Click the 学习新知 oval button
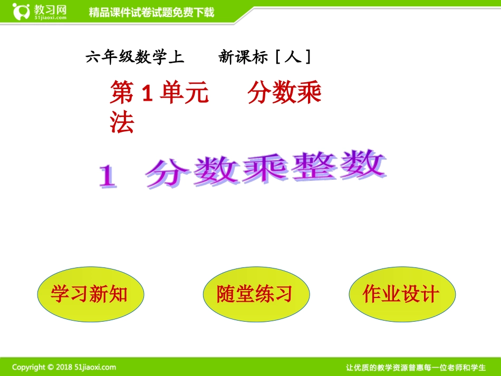click(90, 294)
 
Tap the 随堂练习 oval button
click(255, 294)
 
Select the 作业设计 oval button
click(401, 294)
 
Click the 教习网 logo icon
click(22, 11)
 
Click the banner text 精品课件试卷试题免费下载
click(151, 12)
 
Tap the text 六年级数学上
click(135, 57)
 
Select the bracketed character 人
click(293, 57)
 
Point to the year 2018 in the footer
click(64, 367)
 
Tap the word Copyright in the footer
click(29, 367)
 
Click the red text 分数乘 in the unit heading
click(285, 94)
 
